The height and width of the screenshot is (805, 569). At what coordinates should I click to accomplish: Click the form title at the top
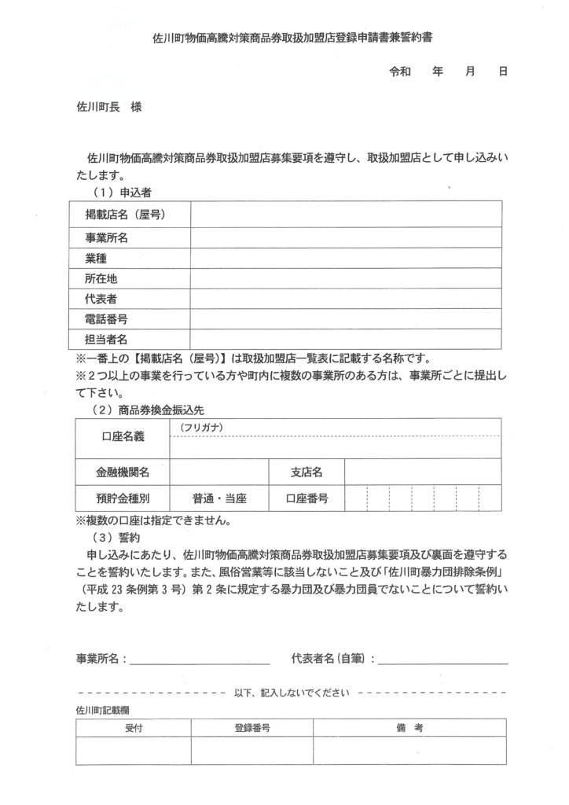[x=284, y=37]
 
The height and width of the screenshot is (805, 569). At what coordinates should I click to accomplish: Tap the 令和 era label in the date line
[x=400, y=71]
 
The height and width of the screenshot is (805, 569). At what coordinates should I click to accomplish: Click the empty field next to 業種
[x=346, y=257]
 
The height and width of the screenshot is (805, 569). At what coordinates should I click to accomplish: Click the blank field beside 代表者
[x=346, y=299]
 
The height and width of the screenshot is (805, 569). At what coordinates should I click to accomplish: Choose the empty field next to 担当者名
[x=346, y=339]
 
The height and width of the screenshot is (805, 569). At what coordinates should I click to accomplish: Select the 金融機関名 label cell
[x=123, y=472]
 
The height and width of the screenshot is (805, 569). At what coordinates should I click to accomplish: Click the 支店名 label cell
[x=307, y=472]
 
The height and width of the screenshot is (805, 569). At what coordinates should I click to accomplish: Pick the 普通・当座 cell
[x=219, y=498]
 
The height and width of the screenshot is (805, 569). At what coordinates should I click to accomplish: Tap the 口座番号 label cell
[x=307, y=498]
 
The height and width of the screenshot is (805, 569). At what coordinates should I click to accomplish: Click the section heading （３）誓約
[x=116, y=538]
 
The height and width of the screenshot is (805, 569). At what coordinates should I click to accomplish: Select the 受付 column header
[x=134, y=729]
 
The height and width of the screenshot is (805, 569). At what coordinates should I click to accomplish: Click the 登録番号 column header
[x=252, y=729]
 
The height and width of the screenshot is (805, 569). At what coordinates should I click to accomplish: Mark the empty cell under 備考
[x=409, y=751]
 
